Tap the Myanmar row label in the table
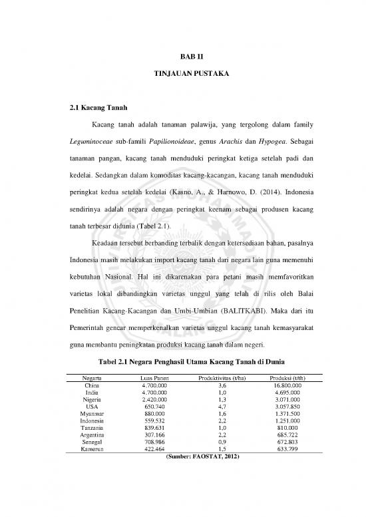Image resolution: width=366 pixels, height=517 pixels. coord(92,413)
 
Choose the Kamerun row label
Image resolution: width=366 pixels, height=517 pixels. coord(92,449)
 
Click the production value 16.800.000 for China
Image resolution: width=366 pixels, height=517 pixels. coord(287,385)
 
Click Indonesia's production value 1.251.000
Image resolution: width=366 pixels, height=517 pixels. coord(287,421)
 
